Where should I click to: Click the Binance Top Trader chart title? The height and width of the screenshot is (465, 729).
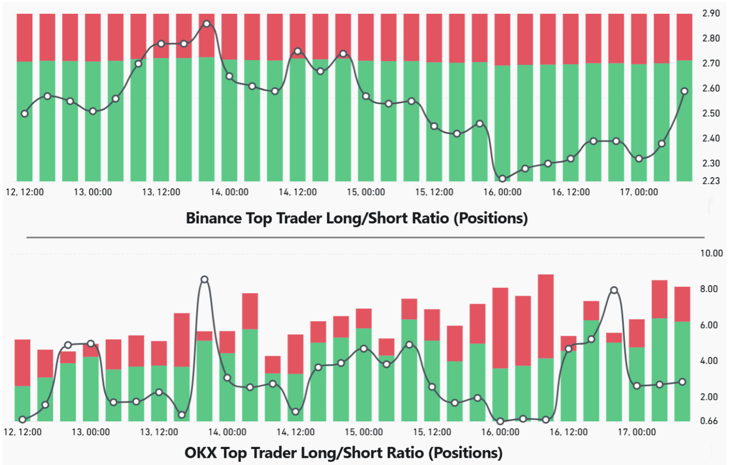356,218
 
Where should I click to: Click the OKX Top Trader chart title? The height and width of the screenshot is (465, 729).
343,453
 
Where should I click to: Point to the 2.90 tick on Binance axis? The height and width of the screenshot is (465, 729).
711,13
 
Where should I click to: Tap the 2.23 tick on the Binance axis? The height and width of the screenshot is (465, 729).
711,181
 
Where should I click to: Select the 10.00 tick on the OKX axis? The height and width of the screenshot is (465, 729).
711,253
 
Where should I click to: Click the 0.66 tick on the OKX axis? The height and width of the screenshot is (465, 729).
709,421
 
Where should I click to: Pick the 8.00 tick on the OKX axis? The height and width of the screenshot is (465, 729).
709,289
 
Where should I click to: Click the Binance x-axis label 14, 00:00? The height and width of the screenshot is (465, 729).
229,192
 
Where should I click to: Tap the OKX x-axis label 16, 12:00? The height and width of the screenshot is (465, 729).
568,432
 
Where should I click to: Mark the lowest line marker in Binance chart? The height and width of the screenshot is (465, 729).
502,179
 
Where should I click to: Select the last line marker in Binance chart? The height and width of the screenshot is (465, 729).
684,91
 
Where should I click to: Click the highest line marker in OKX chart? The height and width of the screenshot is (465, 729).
204,280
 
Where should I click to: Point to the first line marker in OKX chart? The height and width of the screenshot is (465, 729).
23,419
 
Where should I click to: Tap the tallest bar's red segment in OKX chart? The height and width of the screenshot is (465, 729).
546,316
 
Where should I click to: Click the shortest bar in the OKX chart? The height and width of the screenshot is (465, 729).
273,388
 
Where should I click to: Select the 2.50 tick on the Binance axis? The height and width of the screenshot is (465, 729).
711,113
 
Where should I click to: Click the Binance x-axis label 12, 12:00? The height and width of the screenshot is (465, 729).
25,192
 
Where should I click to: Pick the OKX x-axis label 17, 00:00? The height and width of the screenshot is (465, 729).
637,432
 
